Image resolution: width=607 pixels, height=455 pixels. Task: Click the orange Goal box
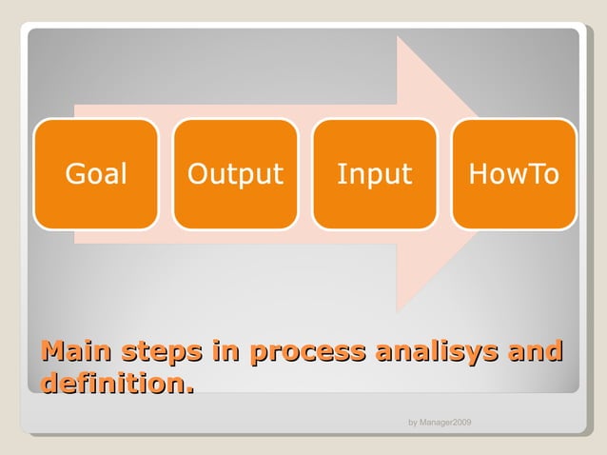pos(95,174)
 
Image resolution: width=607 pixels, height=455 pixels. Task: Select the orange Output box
pos(235,174)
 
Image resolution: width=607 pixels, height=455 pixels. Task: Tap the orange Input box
pos(374,174)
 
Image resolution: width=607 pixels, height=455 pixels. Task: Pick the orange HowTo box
pos(514,174)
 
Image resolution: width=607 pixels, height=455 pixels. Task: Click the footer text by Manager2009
pos(440,422)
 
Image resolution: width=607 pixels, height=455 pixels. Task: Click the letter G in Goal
pos(74,174)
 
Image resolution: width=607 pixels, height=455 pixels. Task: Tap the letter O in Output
pos(199,174)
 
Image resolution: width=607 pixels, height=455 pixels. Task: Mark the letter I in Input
pos(341,174)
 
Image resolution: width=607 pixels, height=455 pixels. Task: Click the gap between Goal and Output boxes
pos(166,174)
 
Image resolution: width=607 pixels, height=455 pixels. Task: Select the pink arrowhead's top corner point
pos(398,37)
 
